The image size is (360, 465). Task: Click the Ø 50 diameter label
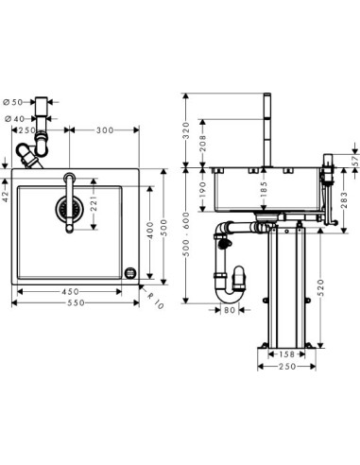pos(13,102)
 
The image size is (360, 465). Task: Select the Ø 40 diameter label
pos(14,119)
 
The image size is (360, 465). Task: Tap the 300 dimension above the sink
pos(105,130)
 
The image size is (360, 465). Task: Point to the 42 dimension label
pos(6,196)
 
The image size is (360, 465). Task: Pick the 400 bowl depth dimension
pos(150,231)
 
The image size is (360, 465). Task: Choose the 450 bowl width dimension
pos(70,292)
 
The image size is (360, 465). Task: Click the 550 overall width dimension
pos(77,303)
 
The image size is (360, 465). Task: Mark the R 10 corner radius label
pos(155,301)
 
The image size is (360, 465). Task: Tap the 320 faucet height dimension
pos(186,130)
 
